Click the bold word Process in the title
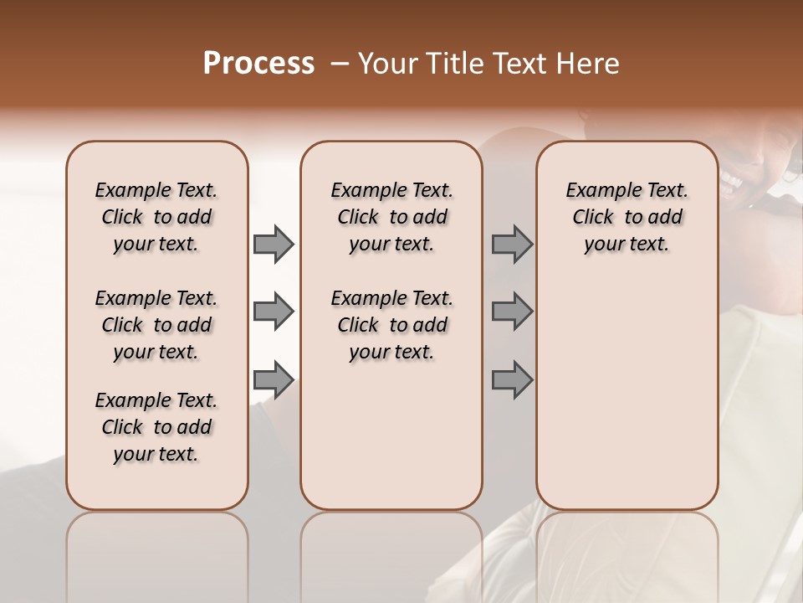pos(258,64)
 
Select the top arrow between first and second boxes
pos(274,244)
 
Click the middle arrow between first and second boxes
pos(274,312)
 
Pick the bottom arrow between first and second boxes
pos(274,380)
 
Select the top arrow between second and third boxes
pos(512,244)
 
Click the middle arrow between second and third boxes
pos(512,312)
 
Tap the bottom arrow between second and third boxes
pos(512,380)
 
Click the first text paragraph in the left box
pos(156,217)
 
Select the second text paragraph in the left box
pos(156,325)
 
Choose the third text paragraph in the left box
pos(156,427)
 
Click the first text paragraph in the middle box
pos(391,217)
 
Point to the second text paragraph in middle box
pos(391,325)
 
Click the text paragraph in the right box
pos(627,217)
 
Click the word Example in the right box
pos(597,191)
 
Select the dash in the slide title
pos(340,64)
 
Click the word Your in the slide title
pos(387,64)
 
